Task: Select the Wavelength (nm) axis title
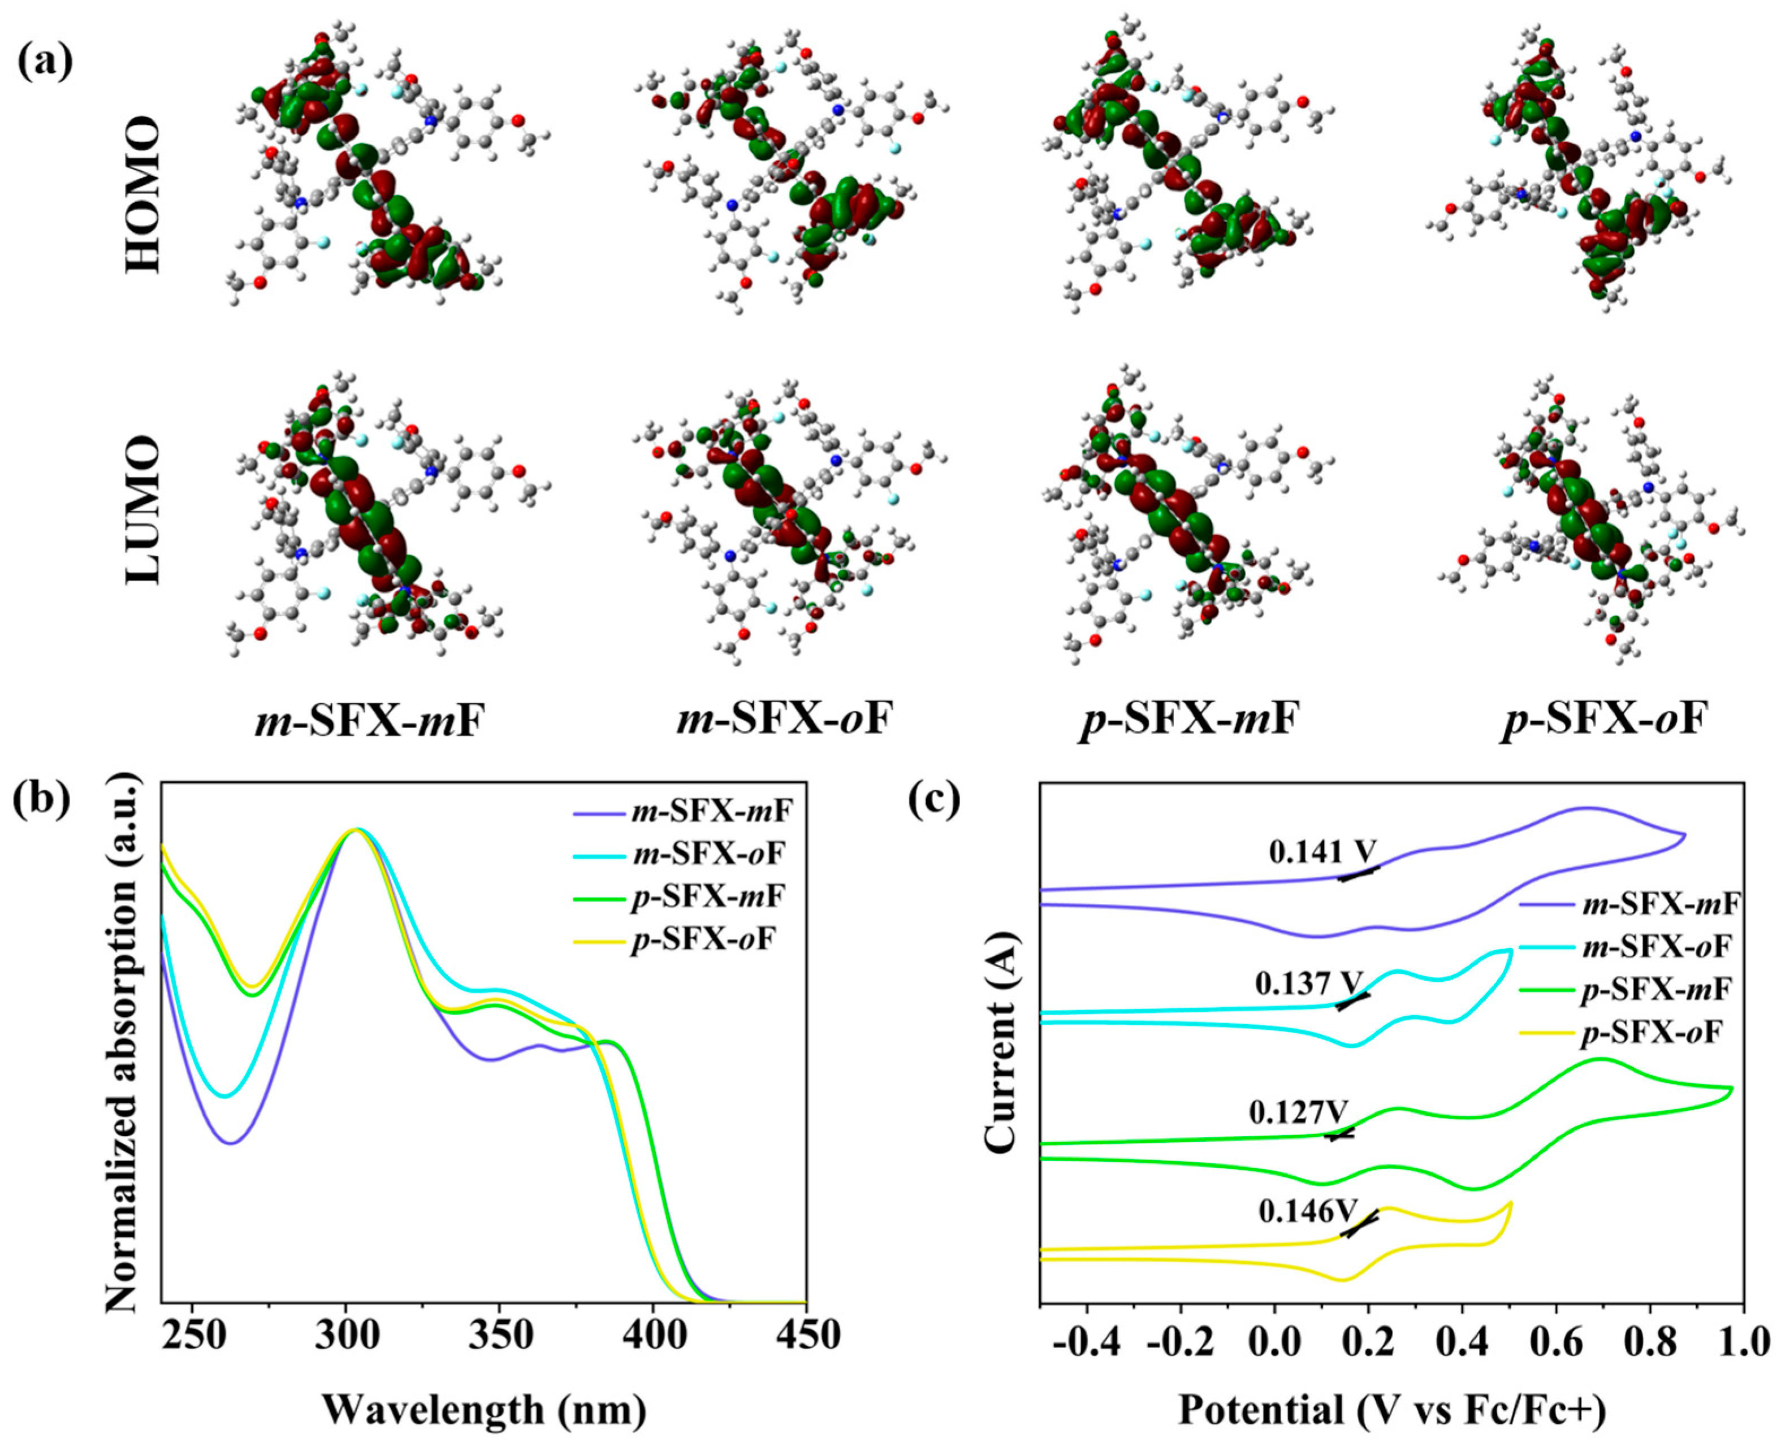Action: click(x=483, y=1409)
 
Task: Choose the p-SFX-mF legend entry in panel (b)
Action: click(x=707, y=897)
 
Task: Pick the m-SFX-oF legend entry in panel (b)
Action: click(x=707, y=854)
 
